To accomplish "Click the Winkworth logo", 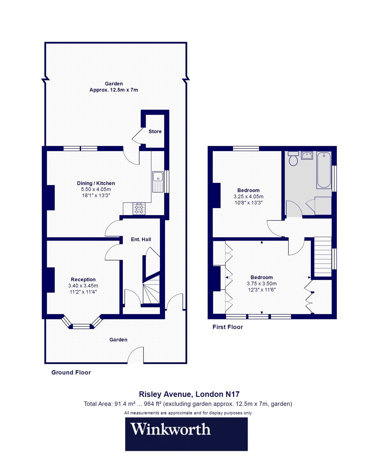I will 186,434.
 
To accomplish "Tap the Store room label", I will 155,132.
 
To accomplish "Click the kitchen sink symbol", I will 158,182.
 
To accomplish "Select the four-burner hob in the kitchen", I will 139,209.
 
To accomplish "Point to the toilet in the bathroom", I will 293,158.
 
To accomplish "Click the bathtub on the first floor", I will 324,170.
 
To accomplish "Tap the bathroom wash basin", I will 307,155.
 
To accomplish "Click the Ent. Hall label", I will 141,239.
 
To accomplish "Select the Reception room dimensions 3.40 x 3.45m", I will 83,286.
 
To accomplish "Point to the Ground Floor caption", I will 71,372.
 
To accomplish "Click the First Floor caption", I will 228,327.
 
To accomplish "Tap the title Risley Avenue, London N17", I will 189,394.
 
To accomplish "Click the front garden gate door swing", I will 135,355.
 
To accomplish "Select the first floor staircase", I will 322,257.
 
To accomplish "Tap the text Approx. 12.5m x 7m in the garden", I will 114,90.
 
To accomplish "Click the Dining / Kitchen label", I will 96,183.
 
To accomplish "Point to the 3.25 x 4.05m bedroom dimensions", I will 248,197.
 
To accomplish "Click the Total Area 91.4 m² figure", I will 125,404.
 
